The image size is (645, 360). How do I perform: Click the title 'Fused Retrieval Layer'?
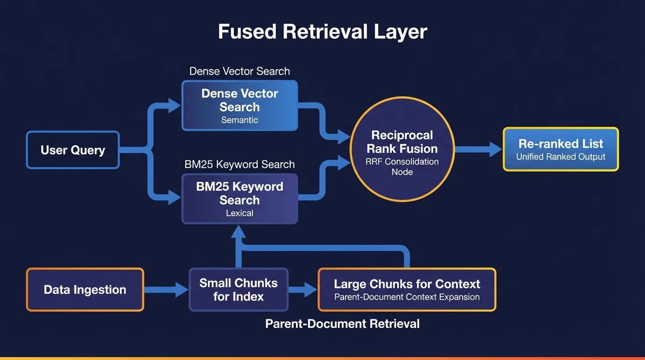point(322,32)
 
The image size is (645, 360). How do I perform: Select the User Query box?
point(73,150)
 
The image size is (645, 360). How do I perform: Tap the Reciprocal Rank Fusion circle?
point(402,149)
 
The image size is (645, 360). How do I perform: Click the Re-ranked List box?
point(561,149)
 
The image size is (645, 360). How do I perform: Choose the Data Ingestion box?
point(85,290)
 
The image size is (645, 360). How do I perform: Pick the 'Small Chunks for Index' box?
point(239,290)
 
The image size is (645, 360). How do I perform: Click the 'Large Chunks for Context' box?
point(406,290)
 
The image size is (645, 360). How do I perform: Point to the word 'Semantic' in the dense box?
point(240,120)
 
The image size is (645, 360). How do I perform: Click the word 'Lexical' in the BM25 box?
point(240,213)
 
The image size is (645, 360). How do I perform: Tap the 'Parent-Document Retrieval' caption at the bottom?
point(342,324)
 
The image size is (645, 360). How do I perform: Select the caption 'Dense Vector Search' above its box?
point(240,71)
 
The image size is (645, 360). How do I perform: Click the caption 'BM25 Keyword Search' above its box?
point(240,165)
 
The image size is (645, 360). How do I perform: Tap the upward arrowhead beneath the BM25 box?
point(240,231)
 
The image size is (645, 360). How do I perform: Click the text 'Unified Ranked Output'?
point(561,157)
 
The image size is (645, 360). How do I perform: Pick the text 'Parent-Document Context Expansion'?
point(406,297)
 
